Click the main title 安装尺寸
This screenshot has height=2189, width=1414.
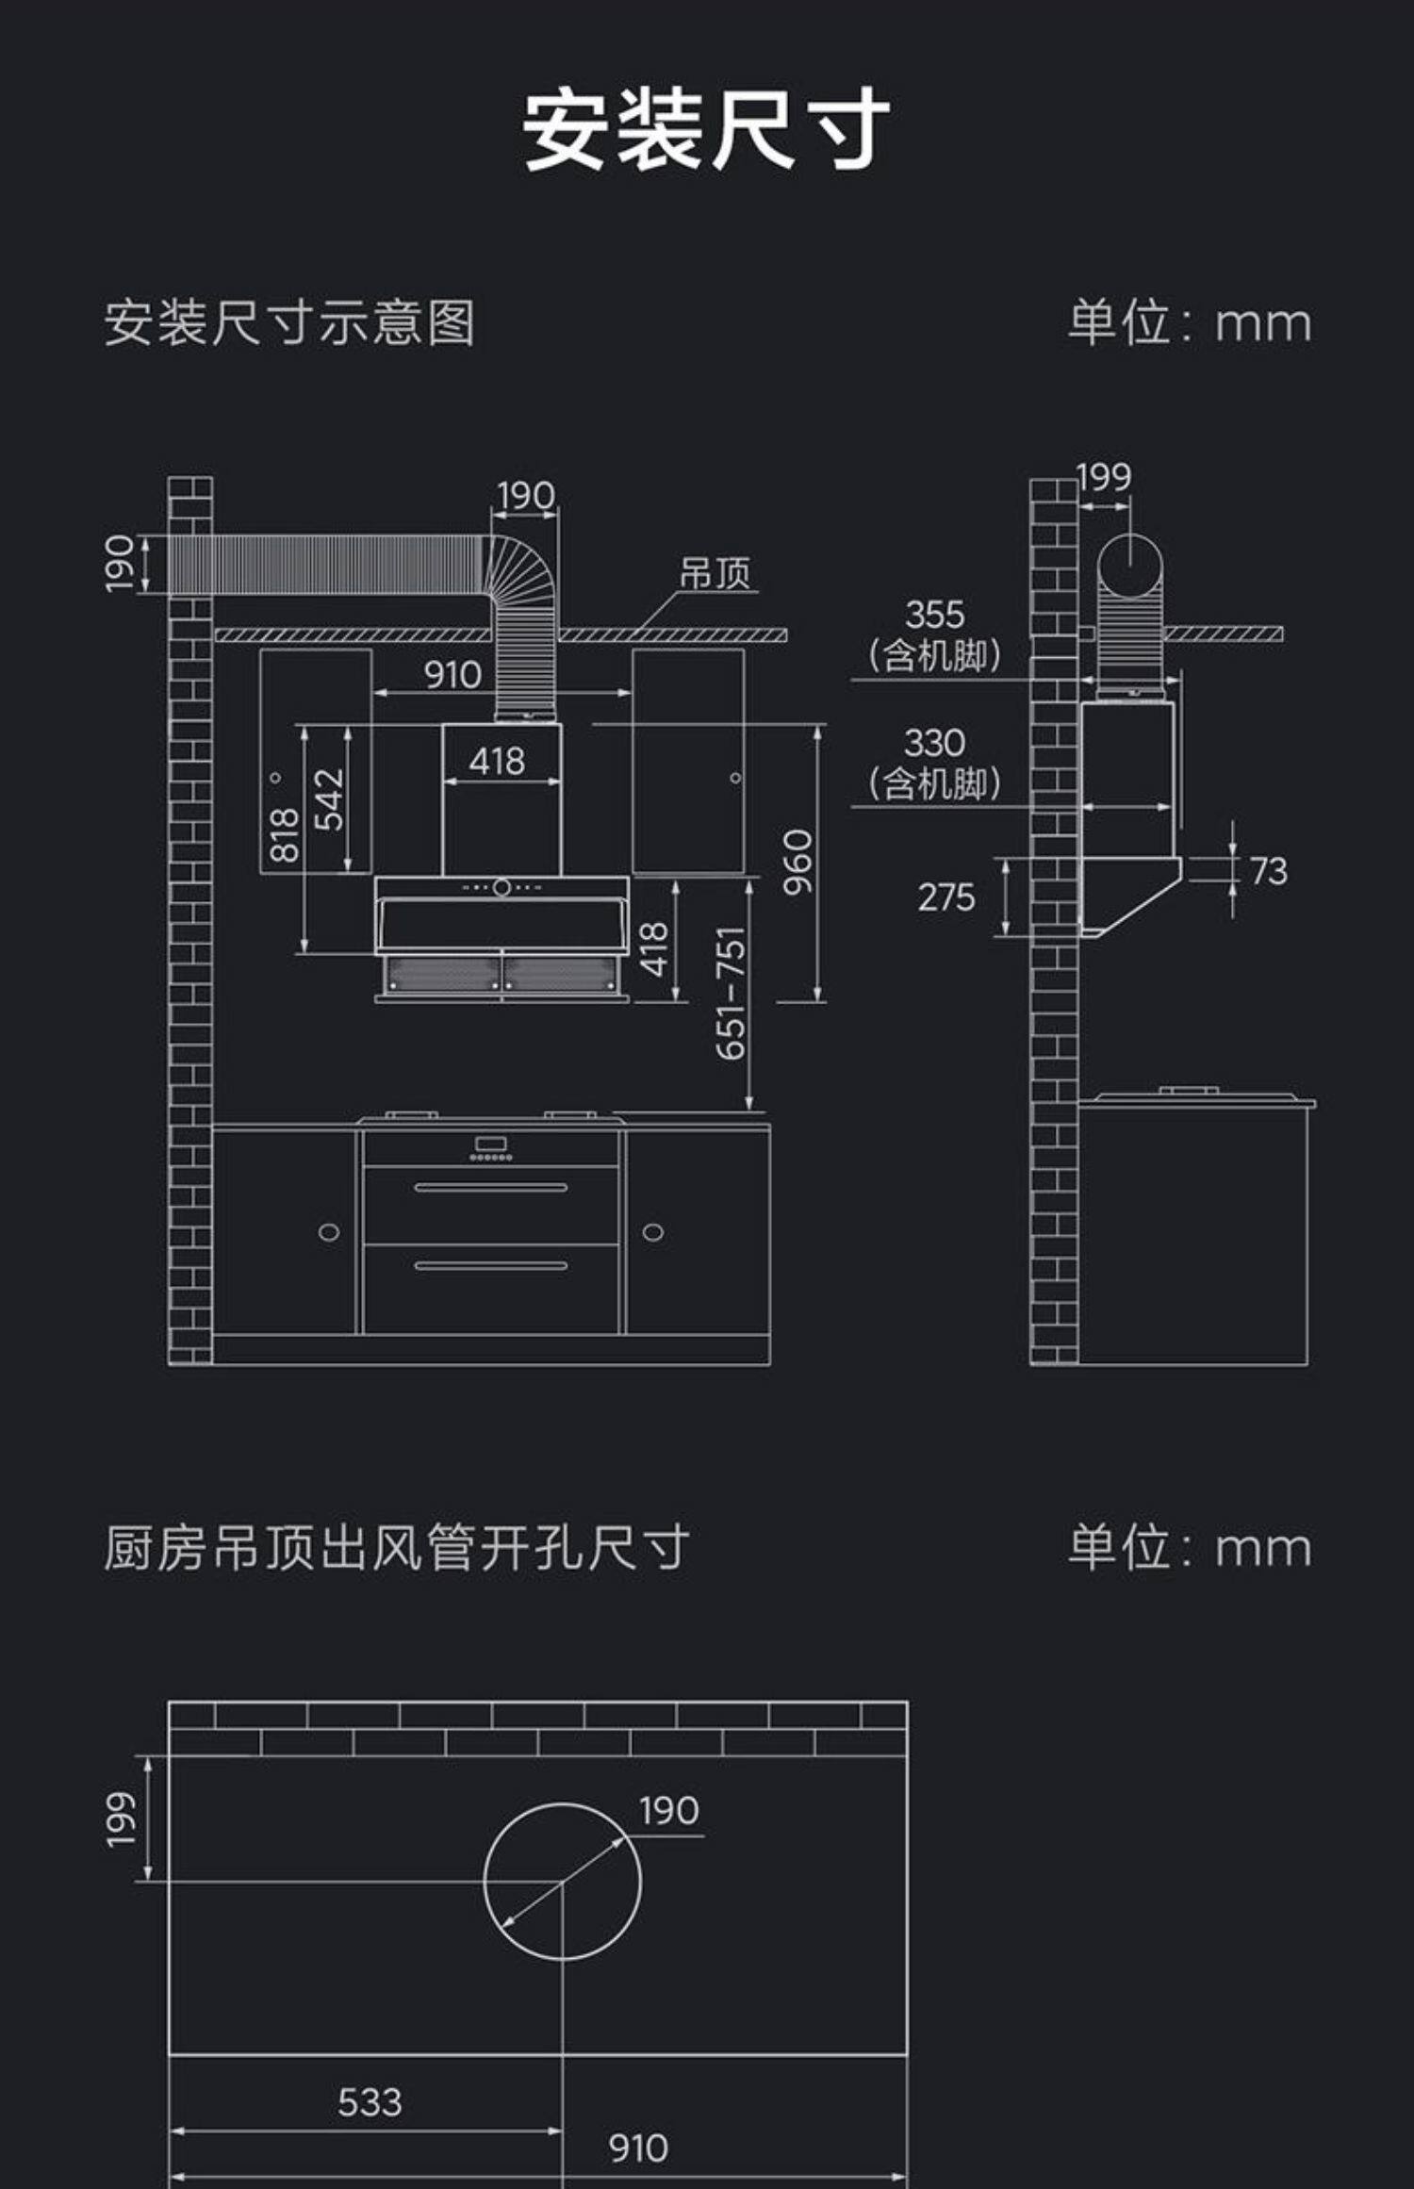click(706, 130)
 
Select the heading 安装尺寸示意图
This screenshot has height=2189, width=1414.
click(289, 323)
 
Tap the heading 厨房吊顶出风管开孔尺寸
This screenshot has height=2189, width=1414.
click(397, 1548)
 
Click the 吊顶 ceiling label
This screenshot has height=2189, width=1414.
click(715, 573)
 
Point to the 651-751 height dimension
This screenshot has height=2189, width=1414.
click(732, 993)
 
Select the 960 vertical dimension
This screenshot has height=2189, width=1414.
click(797, 862)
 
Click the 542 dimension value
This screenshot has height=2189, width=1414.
click(329, 799)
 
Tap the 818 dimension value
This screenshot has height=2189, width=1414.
click(284, 835)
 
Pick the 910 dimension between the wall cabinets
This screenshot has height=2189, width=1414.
click(452, 675)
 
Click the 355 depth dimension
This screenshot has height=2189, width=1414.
click(934, 616)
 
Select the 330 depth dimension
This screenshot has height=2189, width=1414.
click(934, 744)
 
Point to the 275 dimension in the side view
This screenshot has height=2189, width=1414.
click(946, 897)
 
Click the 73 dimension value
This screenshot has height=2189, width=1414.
click(1269, 872)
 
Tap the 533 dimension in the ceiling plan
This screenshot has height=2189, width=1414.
click(370, 2102)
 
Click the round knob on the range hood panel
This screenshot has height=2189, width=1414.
click(502, 887)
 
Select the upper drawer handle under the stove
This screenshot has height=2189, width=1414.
click(491, 1188)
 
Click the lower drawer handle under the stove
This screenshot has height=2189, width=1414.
click(491, 1265)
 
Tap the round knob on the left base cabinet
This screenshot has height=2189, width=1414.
click(329, 1232)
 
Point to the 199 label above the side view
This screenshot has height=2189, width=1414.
click(1104, 478)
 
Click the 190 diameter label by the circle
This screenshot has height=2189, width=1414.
click(669, 1811)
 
